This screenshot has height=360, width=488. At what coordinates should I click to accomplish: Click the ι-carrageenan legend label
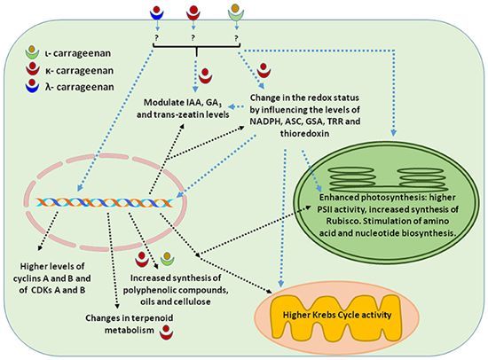tap(77, 53)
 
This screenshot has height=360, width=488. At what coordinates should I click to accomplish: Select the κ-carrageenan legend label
tap(79, 71)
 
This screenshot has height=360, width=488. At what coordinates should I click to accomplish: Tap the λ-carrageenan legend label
tap(79, 87)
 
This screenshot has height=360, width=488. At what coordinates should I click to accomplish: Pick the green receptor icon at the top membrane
tap(236, 12)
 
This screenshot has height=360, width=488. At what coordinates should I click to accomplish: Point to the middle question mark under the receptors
tap(193, 38)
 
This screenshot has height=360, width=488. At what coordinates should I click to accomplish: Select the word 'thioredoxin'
tap(305, 134)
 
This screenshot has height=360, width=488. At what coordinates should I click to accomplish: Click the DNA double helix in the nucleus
tap(105, 202)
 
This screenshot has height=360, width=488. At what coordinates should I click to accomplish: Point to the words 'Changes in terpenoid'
tap(130, 318)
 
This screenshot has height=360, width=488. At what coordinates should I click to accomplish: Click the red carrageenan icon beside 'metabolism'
tap(166, 333)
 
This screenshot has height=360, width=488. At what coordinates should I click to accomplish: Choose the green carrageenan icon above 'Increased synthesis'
tap(168, 259)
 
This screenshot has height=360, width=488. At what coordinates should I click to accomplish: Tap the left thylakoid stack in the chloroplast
tap(351, 178)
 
